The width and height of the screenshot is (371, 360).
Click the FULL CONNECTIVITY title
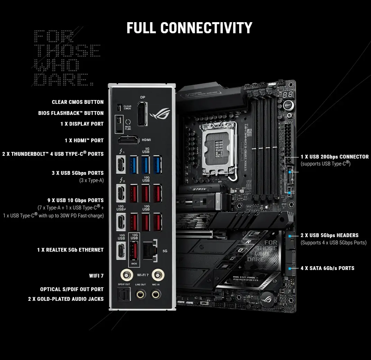(x=189, y=28)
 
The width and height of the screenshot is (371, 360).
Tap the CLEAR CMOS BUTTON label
(x=78, y=102)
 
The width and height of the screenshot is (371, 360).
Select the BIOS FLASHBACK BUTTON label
(x=71, y=113)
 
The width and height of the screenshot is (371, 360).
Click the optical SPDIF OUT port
(x=124, y=295)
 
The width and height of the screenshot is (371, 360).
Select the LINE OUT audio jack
(x=141, y=294)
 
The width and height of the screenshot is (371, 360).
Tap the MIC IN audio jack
(x=156, y=294)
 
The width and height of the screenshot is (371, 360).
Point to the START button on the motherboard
(x=287, y=105)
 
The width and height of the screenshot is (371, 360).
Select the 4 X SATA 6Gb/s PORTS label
(x=327, y=268)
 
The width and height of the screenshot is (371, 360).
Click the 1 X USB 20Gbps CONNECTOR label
(x=334, y=157)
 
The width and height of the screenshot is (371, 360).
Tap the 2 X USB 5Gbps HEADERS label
(x=329, y=235)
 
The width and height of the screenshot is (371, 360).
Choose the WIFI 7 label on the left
(x=96, y=276)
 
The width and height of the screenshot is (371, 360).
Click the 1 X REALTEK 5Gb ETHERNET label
(x=70, y=250)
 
